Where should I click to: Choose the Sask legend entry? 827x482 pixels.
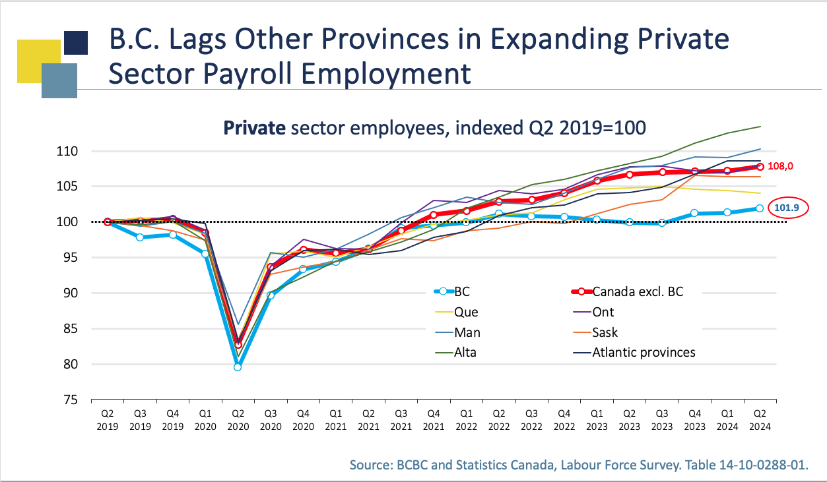(605, 332)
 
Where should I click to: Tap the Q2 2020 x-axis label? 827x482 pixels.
(238, 420)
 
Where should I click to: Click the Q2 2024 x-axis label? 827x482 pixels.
(760, 420)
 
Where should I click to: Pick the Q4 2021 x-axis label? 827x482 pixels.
(434, 420)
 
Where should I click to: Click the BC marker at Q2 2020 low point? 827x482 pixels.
(238, 367)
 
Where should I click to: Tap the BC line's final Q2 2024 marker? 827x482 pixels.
(760, 208)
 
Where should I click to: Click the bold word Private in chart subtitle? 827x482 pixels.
(253, 127)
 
